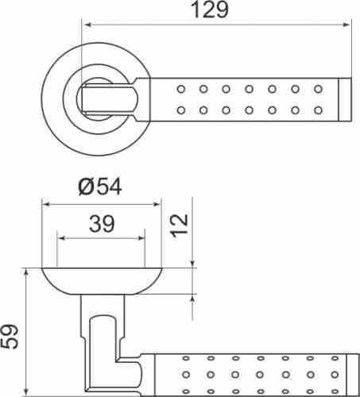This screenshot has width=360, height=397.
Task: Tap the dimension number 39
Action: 100,224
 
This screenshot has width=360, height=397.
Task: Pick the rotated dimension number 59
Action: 10,336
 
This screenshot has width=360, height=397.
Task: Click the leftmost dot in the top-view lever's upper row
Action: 180,87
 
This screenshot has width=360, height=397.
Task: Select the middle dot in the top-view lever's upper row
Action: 249,87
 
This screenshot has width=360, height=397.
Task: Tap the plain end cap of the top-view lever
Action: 345,98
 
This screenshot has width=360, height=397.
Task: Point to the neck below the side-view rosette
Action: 104,306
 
